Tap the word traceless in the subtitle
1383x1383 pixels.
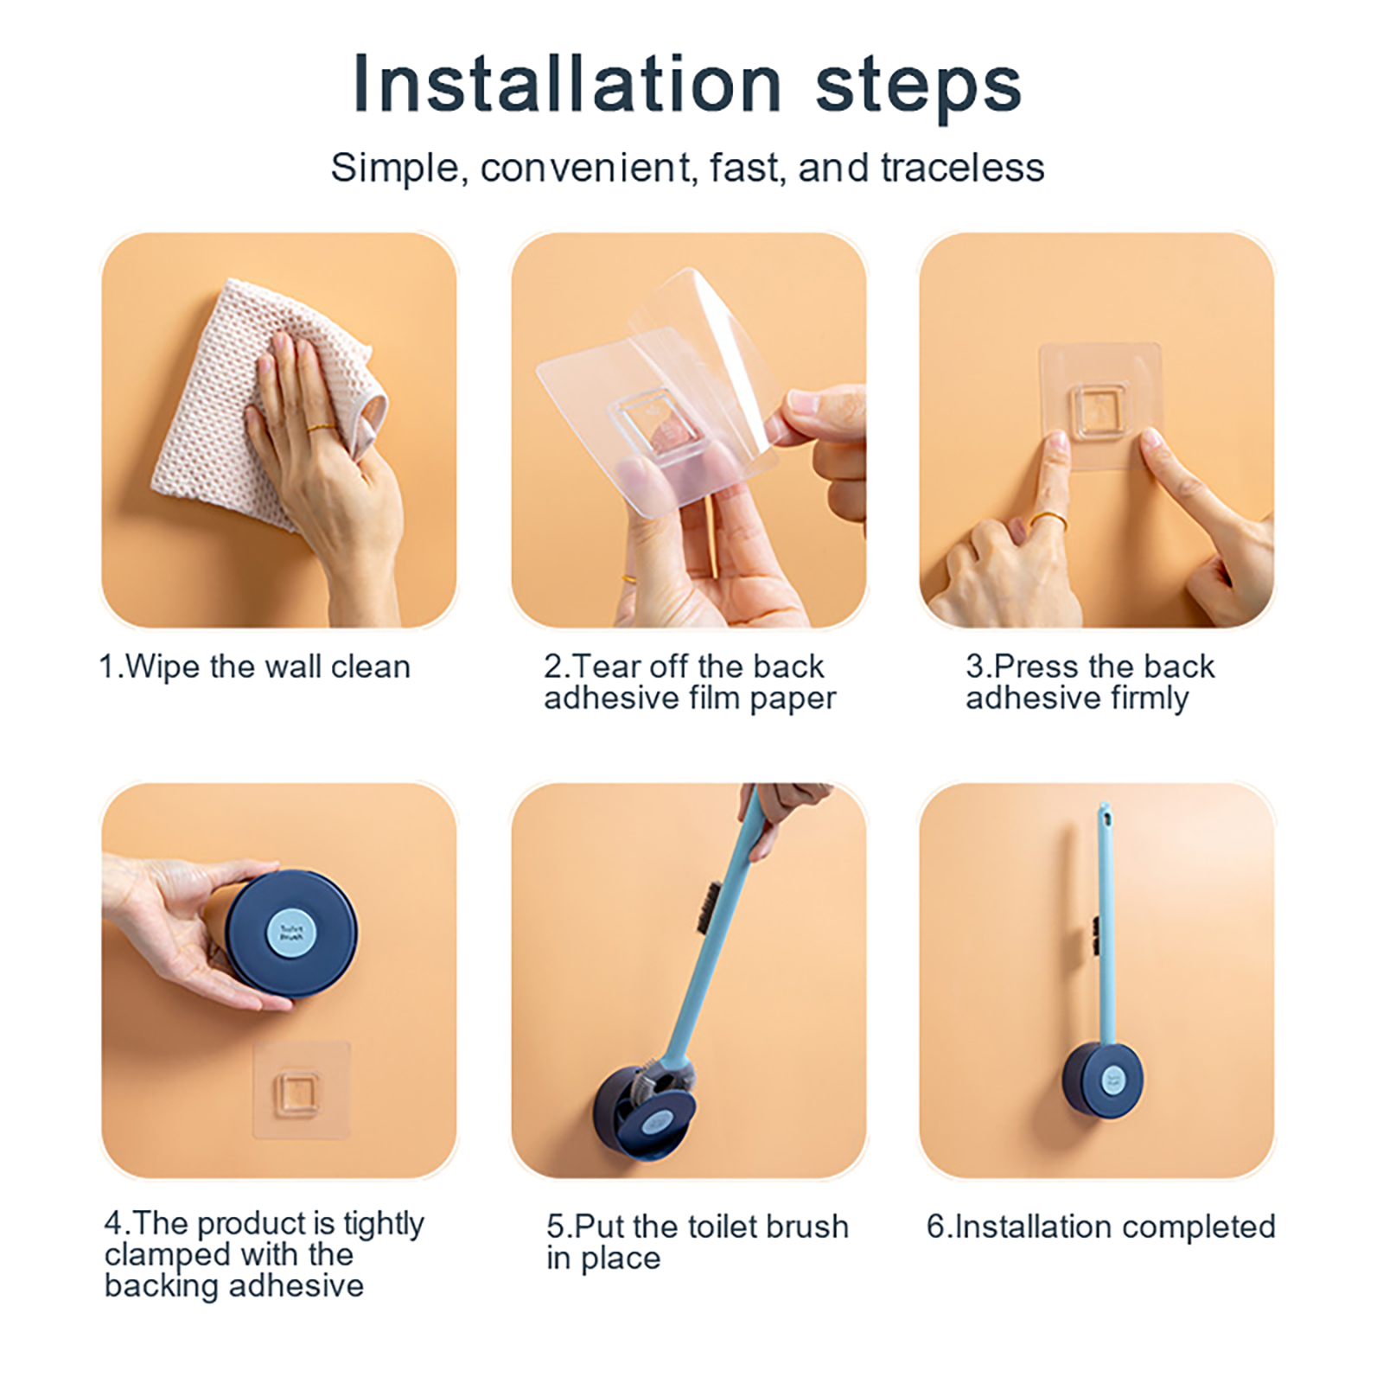[962, 168]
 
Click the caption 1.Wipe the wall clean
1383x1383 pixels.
[255, 667]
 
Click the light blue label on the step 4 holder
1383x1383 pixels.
[292, 933]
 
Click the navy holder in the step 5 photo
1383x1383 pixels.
[644, 1114]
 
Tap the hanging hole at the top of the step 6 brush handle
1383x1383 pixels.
[1104, 814]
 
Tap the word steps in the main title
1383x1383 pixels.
[919, 87]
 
